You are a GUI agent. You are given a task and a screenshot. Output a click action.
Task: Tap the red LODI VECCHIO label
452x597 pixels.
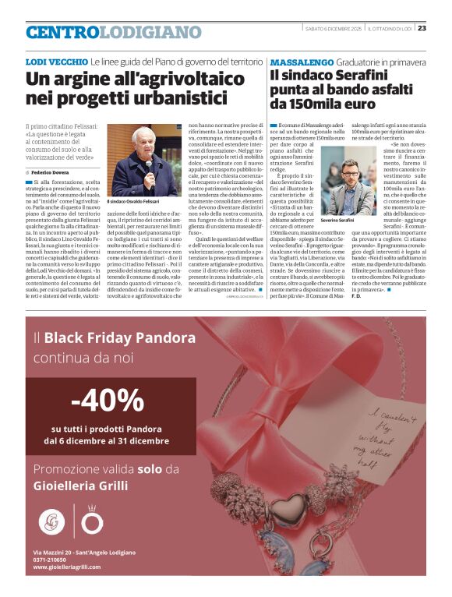click(x=56, y=61)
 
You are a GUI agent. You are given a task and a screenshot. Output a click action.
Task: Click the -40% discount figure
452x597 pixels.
click(x=108, y=401)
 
